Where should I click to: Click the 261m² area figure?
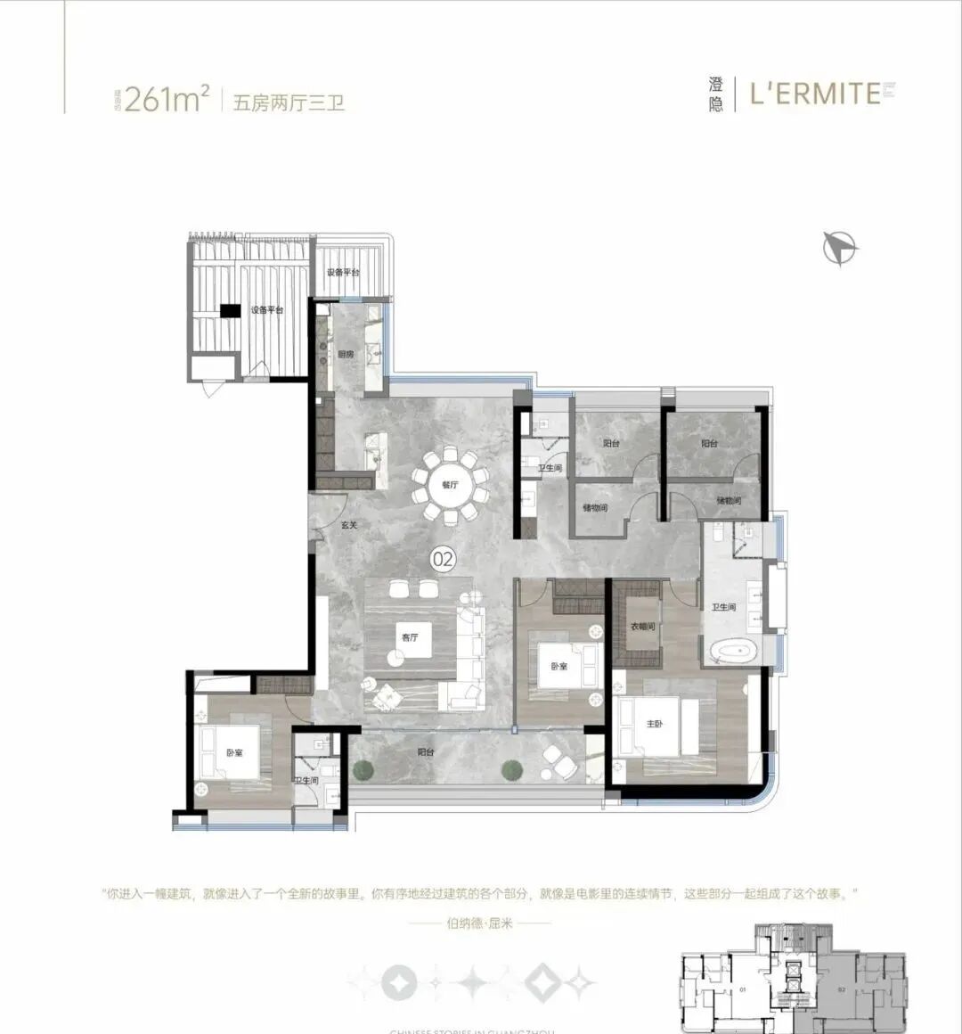coord(167,99)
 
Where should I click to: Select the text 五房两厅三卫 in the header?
coord(288,102)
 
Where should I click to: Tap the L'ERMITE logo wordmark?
coord(814,94)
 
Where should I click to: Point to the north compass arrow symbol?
coord(839,247)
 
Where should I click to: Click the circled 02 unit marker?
coord(443,559)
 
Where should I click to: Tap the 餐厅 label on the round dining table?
coord(450,485)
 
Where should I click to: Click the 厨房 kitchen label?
coord(346,354)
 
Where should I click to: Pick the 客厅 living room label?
coord(410,637)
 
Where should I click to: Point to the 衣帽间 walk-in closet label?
coord(643,627)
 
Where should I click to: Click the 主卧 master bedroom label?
coord(655,724)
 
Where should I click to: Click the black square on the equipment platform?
coord(230,310)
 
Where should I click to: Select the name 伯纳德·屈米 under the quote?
coord(480,924)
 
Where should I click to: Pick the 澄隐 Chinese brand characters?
coord(716,94)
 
